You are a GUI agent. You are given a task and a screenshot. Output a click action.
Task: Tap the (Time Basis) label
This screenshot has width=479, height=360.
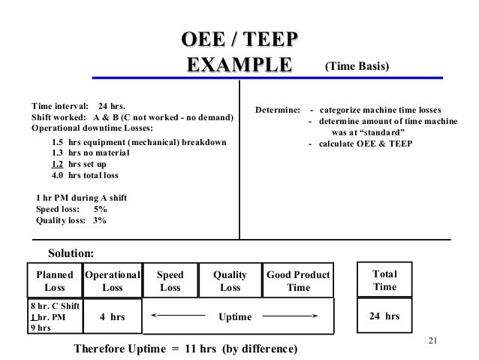pyautogui.click(x=357, y=67)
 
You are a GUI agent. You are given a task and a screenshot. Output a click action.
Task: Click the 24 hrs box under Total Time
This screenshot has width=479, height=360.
pyautogui.click(x=385, y=317)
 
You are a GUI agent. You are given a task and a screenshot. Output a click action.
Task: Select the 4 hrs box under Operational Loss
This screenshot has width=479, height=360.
pyautogui.click(x=113, y=317)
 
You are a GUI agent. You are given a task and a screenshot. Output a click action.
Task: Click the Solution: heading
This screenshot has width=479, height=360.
pyautogui.click(x=72, y=255)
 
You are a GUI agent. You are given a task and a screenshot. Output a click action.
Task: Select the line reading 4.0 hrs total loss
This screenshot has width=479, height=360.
pyautogui.click(x=85, y=176)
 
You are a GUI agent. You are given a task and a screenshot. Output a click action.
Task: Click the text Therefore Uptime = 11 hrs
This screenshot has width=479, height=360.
pyautogui.click(x=185, y=349)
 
